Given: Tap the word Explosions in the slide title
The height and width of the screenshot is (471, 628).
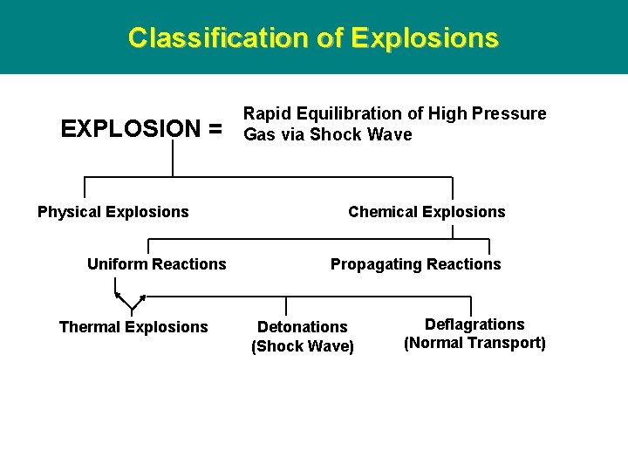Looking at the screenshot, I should pyautogui.click(x=425, y=38).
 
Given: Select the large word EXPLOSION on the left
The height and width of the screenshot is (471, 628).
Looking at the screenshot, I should pyautogui.click(x=130, y=129).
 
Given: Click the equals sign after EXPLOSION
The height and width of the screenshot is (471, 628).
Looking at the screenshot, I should pyautogui.click(x=215, y=129).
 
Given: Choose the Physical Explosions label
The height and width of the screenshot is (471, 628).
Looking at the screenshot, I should pyautogui.click(x=113, y=212).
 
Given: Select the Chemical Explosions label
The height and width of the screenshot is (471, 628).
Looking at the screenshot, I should pyautogui.click(x=427, y=212).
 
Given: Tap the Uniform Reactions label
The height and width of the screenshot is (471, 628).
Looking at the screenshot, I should pyautogui.click(x=157, y=264).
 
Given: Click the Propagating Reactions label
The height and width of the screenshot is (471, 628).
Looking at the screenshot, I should pyautogui.click(x=416, y=264).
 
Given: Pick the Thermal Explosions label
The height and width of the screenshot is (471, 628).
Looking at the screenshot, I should pyautogui.click(x=133, y=327).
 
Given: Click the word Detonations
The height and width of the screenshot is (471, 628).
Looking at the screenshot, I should pyautogui.click(x=302, y=327).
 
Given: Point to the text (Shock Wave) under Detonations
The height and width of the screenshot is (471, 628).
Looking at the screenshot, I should pyautogui.click(x=303, y=346).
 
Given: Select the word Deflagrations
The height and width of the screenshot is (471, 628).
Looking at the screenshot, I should pyautogui.click(x=474, y=324).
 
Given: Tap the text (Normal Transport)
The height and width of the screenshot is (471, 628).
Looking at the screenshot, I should pyautogui.click(x=474, y=343).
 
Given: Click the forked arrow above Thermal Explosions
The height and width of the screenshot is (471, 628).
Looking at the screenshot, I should pyautogui.click(x=131, y=303).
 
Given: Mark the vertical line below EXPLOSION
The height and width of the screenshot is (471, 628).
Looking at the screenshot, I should pyautogui.click(x=173, y=159).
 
